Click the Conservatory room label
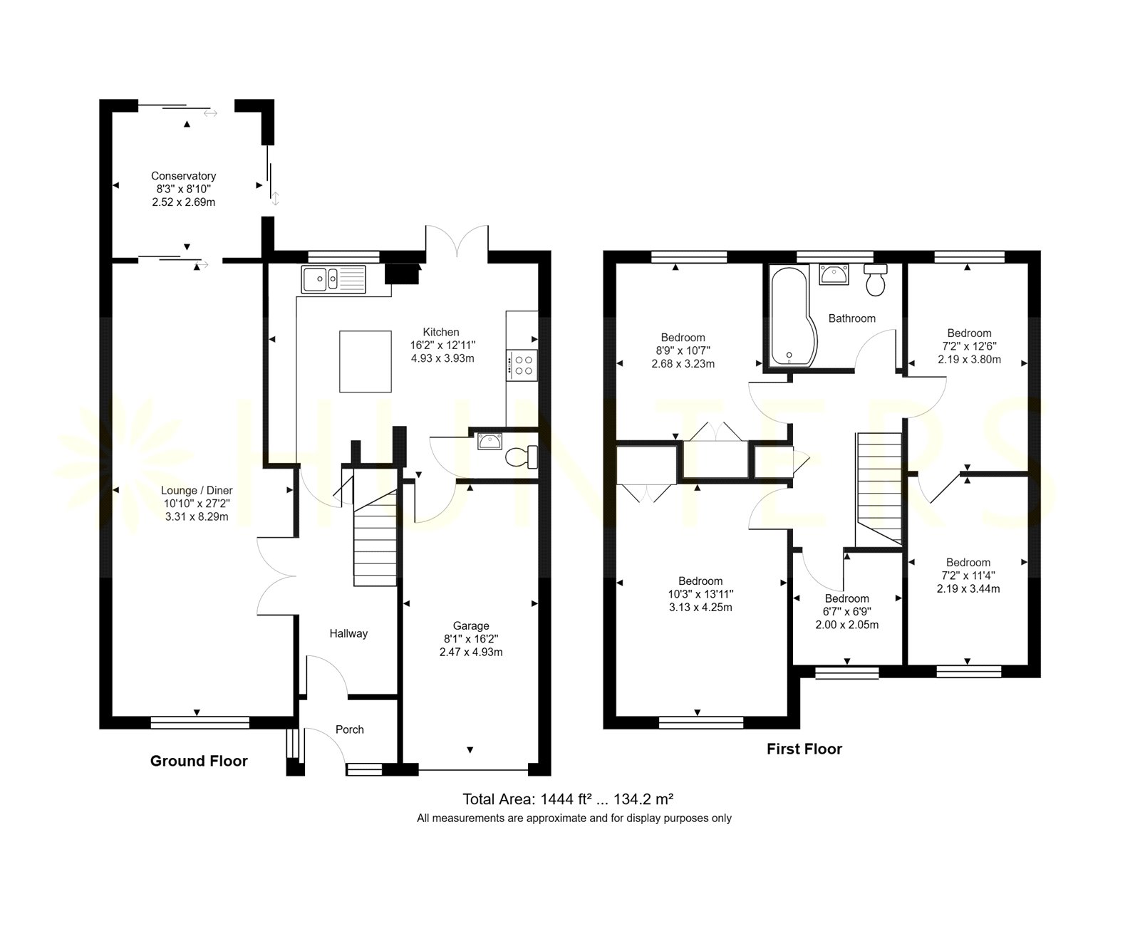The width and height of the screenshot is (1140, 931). [x=183, y=176]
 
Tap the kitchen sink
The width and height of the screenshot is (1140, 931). [x=333, y=279]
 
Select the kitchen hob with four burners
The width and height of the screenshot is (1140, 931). [x=522, y=365]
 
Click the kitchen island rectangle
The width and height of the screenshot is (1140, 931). [x=365, y=361]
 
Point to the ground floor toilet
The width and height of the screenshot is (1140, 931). [x=522, y=457]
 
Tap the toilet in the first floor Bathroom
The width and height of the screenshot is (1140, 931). [x=875, y=279]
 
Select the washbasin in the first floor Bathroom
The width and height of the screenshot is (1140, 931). [x=834, y=274]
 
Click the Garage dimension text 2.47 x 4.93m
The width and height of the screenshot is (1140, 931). [x=471, y=652]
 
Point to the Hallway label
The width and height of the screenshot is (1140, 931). [x=348, y=633]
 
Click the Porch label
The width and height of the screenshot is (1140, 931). [x=350, y=729]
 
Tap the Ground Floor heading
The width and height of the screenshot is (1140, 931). [x=199, y=761]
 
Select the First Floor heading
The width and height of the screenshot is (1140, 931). [x=804, y=749]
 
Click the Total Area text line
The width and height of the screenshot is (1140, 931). [x=568, y=799]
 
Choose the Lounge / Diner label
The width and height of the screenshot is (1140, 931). [x=197, y=491]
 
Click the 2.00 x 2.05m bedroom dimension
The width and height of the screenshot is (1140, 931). [x=847, y=625]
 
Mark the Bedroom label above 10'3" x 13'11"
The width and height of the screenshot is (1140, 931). [x=700, y=581]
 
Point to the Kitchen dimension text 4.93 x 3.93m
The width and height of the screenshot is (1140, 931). [x=442, y=358]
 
